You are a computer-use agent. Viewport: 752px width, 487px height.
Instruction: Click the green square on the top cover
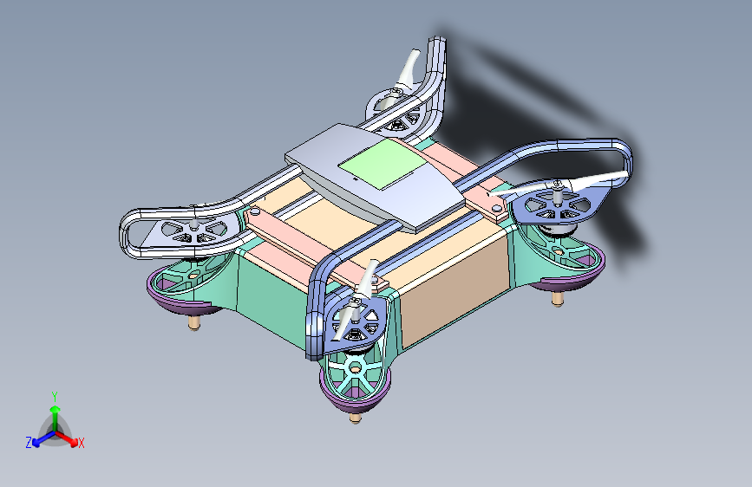click(383, 164)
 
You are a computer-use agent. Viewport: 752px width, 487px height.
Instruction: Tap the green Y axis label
click(55, 397)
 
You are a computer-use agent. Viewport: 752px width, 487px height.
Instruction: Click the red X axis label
click(81, 444)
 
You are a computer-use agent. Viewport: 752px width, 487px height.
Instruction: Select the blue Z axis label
click(29, 443)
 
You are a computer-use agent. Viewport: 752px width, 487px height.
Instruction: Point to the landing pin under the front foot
click(355, 418)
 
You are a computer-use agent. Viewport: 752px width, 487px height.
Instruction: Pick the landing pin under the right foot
click(557, 300)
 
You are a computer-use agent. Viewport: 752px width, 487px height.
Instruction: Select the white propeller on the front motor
click(356, 301)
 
